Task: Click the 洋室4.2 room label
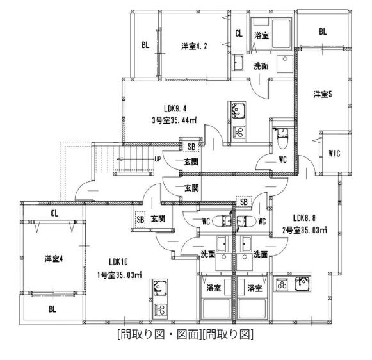pos(194,46)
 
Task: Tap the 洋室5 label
pos(323,94)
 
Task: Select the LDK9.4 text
pos(175,109)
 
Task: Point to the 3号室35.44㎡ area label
pos(174,120)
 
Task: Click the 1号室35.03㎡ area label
pos(120,275)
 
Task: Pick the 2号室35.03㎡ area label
pos(305,230)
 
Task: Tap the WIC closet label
pos(334,154)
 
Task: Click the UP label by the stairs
pos(158,160)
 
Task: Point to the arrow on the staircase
pos(136,159)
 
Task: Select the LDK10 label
pos(118,262)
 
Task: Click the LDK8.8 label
pos(304,218)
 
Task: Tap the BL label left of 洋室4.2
pos(145,45)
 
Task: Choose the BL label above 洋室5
pos(323,31)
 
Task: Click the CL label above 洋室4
pos(54,213)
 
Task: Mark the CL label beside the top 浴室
pos(239,33)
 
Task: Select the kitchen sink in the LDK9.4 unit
pos(238,110)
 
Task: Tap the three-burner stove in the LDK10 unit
pos(161,309)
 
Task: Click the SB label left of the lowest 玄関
pos(140,219)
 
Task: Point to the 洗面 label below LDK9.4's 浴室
pos(261,66)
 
